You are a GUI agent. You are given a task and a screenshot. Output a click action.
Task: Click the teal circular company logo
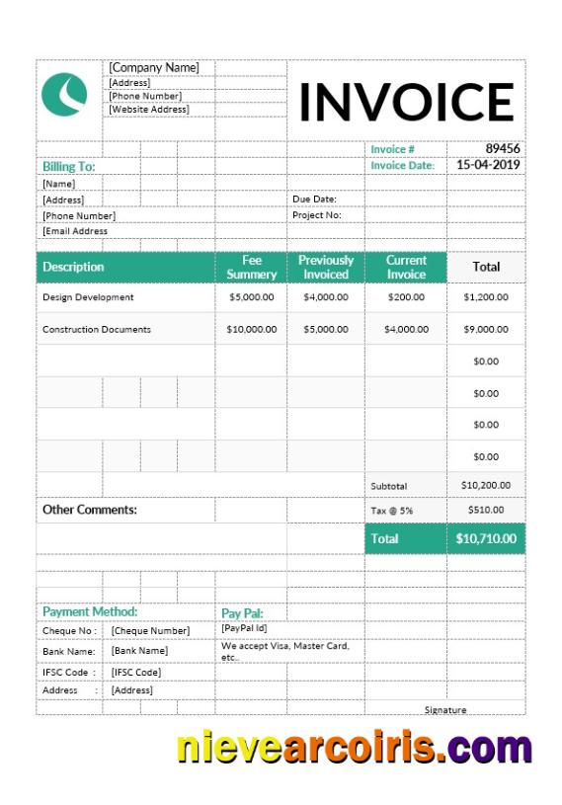[65, 94]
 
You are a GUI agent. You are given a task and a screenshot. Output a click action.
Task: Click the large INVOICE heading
[406, 102]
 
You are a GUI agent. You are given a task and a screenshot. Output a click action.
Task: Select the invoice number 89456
[502, 149]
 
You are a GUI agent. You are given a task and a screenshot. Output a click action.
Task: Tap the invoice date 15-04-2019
[488, 165]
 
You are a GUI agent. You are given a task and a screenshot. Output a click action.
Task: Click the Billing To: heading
[68, 167]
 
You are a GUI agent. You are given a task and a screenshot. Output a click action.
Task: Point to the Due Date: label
[314, 200]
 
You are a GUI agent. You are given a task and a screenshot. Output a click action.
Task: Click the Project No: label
[316, 214]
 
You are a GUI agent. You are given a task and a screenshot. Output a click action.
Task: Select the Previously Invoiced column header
[326, 267]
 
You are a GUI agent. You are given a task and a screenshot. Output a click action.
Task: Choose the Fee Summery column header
[252, 267]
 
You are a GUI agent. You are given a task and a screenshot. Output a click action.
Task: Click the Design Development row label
[88, 297]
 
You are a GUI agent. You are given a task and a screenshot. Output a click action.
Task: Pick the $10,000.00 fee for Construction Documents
[252, 329]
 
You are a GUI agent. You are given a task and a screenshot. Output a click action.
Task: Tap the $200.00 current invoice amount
[405, 297]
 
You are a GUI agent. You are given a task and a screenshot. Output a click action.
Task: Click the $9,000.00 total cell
[486, 329]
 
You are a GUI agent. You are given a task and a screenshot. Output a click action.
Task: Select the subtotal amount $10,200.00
[486, 485]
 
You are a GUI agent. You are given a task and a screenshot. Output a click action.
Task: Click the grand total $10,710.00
[486, 539]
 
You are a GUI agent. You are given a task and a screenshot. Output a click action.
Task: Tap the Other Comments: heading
[90, 511]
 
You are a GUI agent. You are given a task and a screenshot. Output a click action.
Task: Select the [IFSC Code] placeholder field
[136, 672]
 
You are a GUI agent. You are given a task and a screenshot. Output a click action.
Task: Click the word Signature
[445, 710]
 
